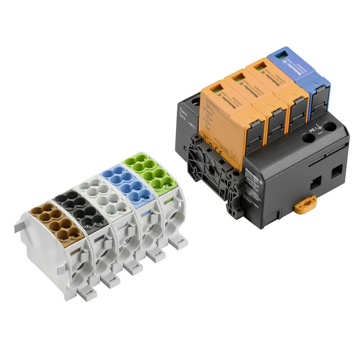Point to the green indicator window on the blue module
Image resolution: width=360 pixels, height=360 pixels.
pyautogui.click(x=280, y=56)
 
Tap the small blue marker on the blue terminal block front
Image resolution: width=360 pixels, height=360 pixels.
pyautogui.click(x=145, y=215)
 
